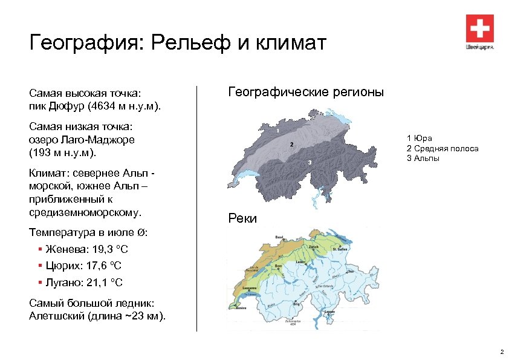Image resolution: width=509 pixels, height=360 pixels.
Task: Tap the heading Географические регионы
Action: coord(305,92)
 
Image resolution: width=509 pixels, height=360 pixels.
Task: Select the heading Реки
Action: coord(242,218)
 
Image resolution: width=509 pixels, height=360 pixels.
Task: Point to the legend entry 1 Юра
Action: coord(420,139)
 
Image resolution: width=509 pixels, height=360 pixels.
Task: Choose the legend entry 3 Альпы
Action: coord(423,158)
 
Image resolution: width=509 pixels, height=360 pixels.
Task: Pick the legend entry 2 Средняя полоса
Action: coord(443,148)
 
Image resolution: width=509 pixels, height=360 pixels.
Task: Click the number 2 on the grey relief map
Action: coord(292,145)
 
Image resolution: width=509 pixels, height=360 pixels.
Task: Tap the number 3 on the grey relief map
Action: coord(310,162)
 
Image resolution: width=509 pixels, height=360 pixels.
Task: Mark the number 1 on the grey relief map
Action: coord(277,130)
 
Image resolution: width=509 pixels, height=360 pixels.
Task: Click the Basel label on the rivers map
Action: coord(279,237)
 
